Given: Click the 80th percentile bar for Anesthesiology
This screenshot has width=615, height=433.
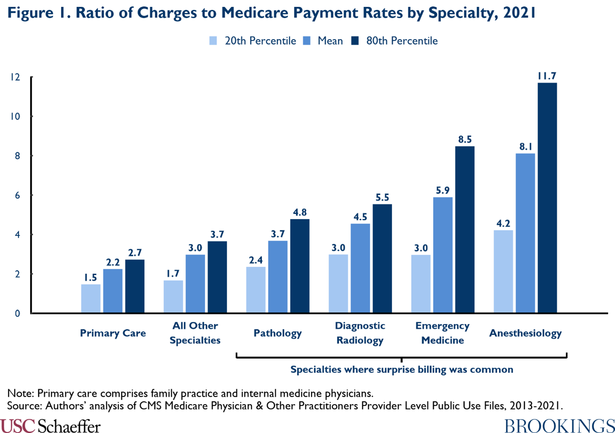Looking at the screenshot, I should [x=547, y=198].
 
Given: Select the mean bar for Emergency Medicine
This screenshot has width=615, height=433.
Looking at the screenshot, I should [x=443, y=255].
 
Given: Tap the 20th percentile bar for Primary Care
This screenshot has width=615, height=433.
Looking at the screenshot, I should [x=91, y=298].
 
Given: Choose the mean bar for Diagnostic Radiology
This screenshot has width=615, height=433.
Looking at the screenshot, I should [x=360, y=268].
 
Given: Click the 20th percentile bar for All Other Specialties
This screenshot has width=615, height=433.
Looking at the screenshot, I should [x=173, y=296].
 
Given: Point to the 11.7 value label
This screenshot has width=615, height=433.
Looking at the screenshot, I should [x=547, y=76].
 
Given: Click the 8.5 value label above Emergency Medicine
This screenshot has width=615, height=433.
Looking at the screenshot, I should [x=464, y=139].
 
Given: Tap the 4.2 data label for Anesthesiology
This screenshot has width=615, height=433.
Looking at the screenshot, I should [x=503, y=223].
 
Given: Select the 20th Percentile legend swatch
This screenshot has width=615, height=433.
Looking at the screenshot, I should [x=213, y=41].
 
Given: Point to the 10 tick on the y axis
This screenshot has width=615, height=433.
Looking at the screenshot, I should [x=15, y=116].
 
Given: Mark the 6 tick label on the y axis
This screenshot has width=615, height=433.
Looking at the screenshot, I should [x=18, y=195].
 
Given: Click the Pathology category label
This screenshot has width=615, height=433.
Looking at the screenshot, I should [x=277, y=333].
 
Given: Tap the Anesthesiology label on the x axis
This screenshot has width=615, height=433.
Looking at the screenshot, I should [x=525, y=333].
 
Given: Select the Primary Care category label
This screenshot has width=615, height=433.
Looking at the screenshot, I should [x=113, y=333].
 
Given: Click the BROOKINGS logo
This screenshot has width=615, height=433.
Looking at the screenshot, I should [x=559, y=425].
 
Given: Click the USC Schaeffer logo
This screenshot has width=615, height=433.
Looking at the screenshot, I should [x=50, y=425].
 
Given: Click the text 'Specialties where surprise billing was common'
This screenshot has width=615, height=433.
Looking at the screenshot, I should [x=402, y=369].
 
